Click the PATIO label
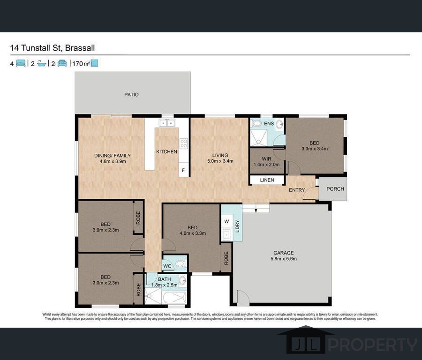coord(131,95)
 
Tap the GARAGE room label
coord(284,252)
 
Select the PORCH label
coord(335,189)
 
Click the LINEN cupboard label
coord(267,180)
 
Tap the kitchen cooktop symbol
coord(184,143)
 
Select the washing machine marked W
coord(226,222)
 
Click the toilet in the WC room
coord(181,264)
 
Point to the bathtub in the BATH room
coord(171,297)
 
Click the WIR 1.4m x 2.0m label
coord(266,161)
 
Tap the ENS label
coord(269,124)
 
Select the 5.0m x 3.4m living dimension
coord(220,161)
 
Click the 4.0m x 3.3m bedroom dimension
coord(193,233)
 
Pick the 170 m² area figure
coord(80,63)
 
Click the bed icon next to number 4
coord(20,63)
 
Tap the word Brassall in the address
coord(80,48)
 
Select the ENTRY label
coord(296,190)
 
